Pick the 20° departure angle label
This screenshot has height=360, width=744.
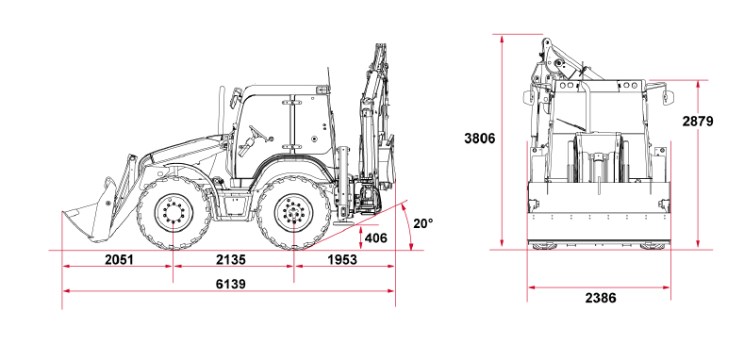[423, 223]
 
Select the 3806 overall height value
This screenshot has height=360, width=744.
[479, 139]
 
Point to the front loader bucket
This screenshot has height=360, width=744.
[85, 219]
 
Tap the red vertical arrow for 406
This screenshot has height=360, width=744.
[359, 238]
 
